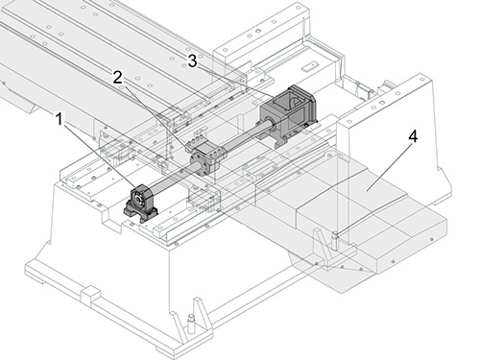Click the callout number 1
point(60,119)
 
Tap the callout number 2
point(117,78)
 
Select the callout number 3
point(192,60)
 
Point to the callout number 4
point(413,136)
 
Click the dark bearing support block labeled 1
point(141,203)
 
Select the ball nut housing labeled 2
point(207,158)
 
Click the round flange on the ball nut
point(198,164)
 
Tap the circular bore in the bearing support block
point(138,199)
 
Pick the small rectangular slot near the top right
point(309,66)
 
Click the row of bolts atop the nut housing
point(196,140)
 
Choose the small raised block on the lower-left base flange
point(91,295)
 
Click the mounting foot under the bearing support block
point(141,214)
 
